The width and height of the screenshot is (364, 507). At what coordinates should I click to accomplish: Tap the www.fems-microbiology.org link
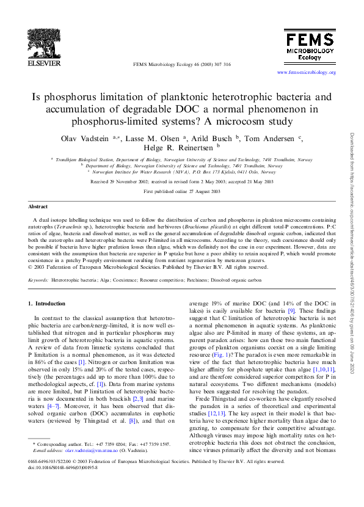306,73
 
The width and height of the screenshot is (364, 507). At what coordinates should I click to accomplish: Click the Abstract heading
38,207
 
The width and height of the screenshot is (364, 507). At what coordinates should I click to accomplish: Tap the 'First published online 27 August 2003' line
182,191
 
